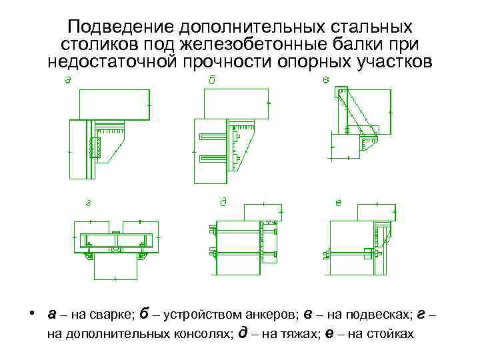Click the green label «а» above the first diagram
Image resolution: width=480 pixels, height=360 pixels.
coord(68,81)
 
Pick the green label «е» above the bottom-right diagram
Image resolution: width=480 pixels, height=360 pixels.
coord(339,201)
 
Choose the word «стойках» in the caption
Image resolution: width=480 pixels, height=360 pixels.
coord(390,333)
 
